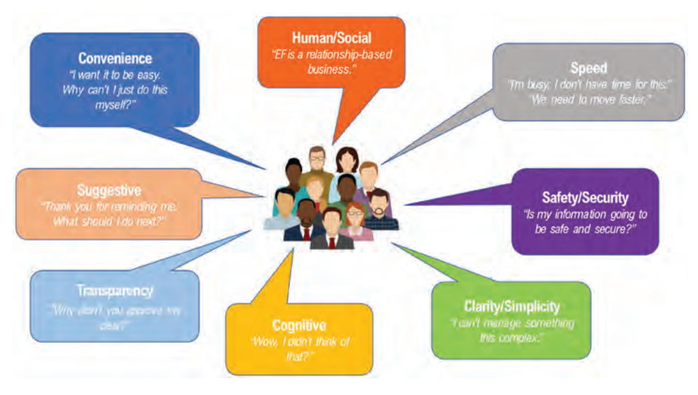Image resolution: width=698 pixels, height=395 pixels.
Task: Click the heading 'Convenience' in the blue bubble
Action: (x=115, y=58)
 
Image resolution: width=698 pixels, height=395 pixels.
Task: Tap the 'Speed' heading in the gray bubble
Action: (x=588, y=68)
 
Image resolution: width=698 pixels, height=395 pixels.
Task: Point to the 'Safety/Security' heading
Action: (x=584, y=198)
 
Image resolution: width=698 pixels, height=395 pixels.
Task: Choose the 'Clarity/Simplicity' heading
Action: (x=512, y=307)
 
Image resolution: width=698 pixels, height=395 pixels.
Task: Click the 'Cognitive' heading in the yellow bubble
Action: (x=299, y=325)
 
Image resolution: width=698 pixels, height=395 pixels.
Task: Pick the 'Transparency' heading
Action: (x=114, y=291)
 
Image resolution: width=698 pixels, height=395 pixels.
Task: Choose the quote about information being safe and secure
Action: (x=584, y=221)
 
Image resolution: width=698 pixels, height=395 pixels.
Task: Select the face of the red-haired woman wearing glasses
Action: (x=355, y=215)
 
